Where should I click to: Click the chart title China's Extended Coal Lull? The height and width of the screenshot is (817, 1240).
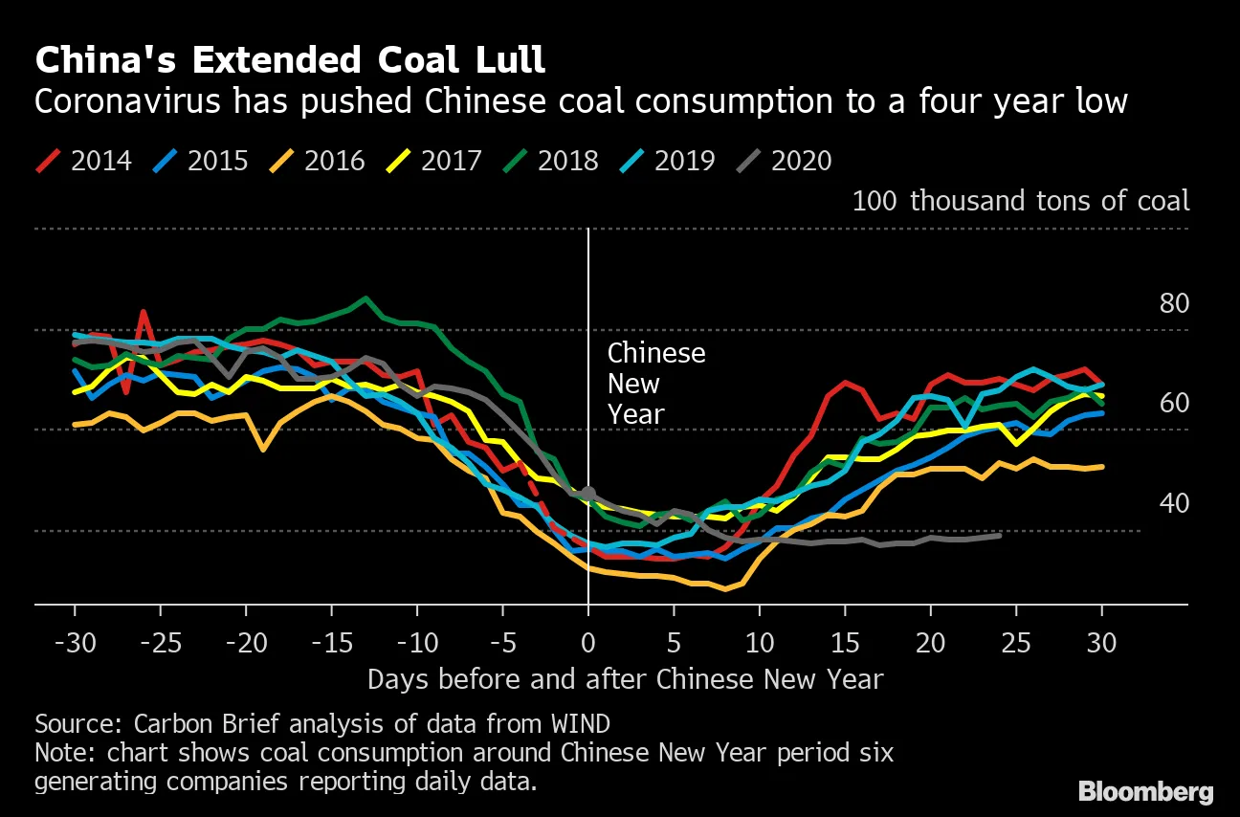click(290, 61)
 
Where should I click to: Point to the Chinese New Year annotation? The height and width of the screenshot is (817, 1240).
click(656, 383)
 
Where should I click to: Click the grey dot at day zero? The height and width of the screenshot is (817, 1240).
click(588, 494)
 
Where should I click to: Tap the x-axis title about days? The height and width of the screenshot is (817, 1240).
click(626, 679)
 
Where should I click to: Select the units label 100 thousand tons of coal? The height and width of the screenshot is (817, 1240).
click(1021, 201)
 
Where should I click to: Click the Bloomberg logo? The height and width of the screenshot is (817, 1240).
click(1146, 792)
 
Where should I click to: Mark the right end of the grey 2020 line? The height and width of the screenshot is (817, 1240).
click(1000, 535)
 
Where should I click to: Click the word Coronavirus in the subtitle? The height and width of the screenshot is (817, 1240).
click(123, 100)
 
